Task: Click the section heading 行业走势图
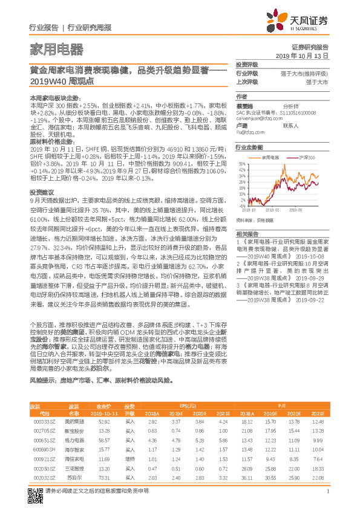[x=249, y=147]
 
